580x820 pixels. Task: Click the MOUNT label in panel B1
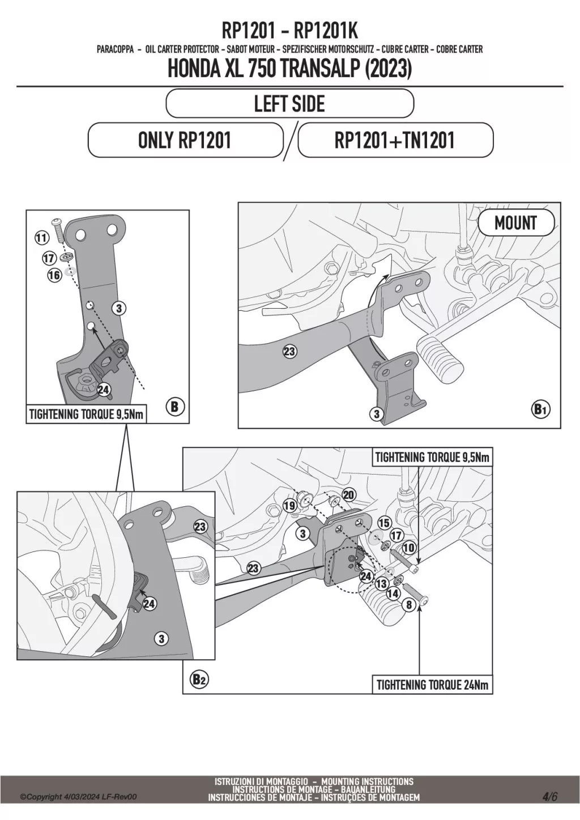515,223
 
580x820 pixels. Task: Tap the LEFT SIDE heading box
289,104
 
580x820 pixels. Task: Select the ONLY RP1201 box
185,140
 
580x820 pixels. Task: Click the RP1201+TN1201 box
395,140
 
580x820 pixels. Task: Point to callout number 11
41,238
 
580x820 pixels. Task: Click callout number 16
54,275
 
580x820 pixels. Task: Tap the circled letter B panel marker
174,407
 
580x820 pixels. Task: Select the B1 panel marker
540,409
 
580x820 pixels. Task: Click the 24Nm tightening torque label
432,685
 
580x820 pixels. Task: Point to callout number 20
348,494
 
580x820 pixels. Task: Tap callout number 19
289,506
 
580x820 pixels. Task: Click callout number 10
408,548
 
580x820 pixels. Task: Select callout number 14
393,593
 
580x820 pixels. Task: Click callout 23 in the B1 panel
289,352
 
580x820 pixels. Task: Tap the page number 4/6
550,796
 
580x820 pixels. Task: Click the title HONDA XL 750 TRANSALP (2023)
289,69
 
